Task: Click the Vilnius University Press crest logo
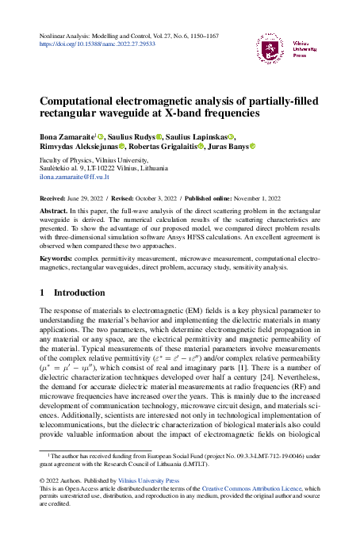click(270, 49)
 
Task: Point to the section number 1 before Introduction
click(43, 292)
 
